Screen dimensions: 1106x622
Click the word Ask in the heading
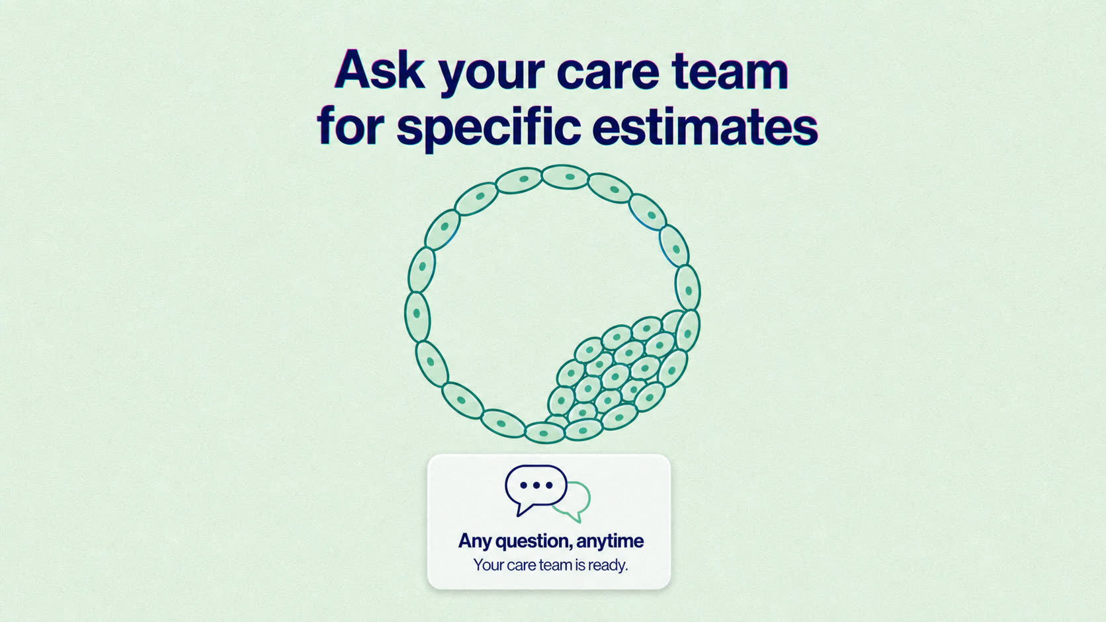point(379,69)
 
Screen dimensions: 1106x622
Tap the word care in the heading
point(608,73)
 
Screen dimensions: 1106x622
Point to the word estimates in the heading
point(704,128)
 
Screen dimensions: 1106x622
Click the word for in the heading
point(351,126)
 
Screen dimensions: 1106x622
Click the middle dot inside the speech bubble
point(536,485)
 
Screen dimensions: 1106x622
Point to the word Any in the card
point(474,541)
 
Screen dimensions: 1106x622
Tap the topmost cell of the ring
point(566,177)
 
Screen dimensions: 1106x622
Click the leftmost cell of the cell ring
point(417,317)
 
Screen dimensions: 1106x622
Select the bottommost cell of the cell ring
point(544,433)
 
